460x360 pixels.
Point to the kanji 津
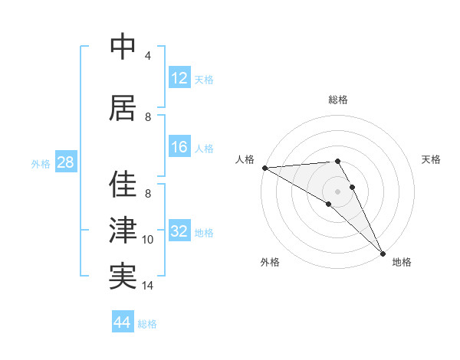point(123,231)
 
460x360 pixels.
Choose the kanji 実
point(123,277)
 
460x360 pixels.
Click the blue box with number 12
point(179,78)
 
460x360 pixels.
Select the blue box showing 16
point(179,148)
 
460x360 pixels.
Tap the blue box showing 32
point(179,232)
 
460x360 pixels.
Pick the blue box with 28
point(65,163)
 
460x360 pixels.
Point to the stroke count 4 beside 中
point(148,55)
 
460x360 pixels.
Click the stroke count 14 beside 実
point(148,286)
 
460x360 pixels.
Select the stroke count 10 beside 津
point(148,240)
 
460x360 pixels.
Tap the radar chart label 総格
point(337,100)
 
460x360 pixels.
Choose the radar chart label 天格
point(431,159)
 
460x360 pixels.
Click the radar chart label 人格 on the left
point(245,159)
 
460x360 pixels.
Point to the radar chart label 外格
point(269,262)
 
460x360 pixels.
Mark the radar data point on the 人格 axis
point(264,168)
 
